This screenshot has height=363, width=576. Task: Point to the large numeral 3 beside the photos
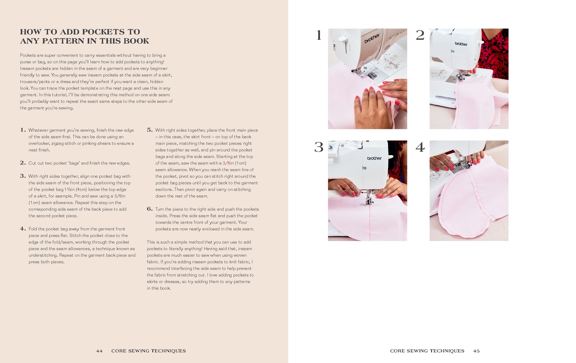[x=319, y=147]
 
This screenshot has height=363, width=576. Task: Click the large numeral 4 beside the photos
[x=420, y=147]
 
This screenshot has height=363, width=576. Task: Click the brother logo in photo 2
[x=461, y=44]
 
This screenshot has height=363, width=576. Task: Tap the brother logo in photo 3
[x=374, y=158]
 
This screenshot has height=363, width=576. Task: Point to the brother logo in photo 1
[x=372, y=39]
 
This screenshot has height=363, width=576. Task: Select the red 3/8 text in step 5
[x=226, y=163]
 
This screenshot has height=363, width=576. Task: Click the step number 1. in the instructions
[x=23, y=130]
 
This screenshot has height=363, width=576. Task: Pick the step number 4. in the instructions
[x=23, y=229]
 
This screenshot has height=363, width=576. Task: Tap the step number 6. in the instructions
[x=150, y=209]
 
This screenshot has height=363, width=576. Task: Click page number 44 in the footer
[x=99, y=351]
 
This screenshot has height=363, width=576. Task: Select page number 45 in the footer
[x=476, y=351]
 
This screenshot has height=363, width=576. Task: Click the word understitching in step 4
[x=43, y=255]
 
